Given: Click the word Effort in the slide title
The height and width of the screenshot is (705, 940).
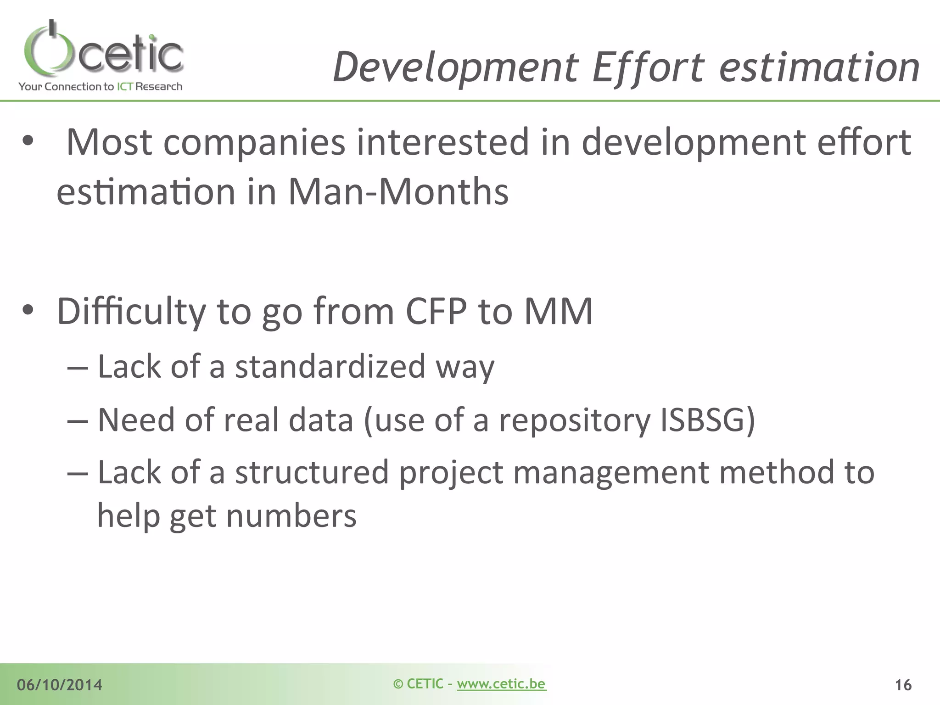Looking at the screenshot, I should click(648, 68).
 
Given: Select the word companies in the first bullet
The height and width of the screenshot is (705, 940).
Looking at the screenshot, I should click(254, 142).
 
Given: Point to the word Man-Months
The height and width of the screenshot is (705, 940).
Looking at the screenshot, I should click(398, 191).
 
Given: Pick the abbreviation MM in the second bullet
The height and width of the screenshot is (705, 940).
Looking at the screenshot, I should click(558, 312).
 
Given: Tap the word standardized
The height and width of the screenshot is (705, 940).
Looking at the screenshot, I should click(330, 367).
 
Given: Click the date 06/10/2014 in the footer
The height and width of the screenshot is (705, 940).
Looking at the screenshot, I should click(60, 685).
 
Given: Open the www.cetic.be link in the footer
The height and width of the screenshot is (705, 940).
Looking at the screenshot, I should click(501, 684).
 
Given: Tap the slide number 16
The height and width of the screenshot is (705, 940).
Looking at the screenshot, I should click(903, 685).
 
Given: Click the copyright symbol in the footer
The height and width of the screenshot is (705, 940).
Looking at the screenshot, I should click(398, 684).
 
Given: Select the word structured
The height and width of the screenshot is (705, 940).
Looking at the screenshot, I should click(312, 473).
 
